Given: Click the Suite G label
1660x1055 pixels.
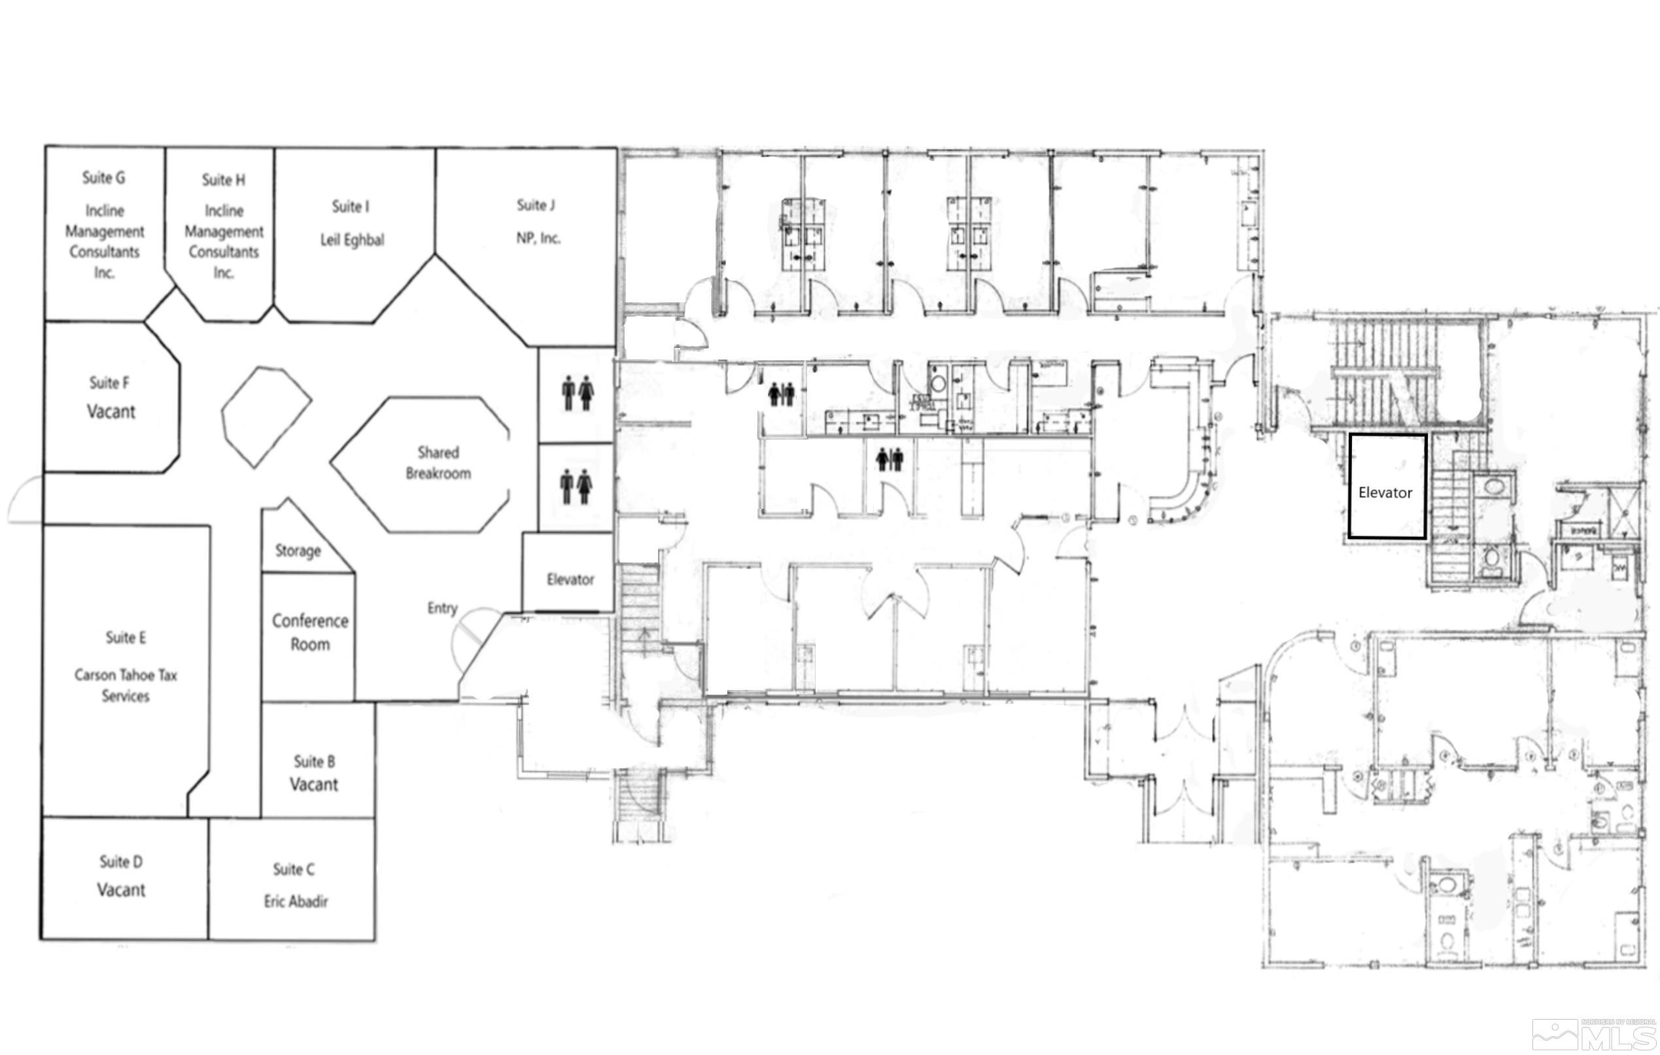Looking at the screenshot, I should [103, 178].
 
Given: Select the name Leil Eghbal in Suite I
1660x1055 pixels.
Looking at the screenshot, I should [352, 240].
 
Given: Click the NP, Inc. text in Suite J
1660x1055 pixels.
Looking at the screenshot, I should [538, 239].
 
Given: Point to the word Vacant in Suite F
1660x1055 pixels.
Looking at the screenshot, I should [111, 411].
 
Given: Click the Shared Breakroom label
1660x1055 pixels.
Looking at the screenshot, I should [438, 462].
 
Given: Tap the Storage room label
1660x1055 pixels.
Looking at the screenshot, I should [298, 550].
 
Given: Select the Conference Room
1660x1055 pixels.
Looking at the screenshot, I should [309, 632].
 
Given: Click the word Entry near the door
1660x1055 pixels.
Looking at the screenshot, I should [442, 608].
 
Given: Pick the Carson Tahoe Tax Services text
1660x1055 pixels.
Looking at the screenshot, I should [126, 685].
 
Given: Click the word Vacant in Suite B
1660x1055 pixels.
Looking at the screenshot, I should [314, 785].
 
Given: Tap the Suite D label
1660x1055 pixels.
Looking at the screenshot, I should [120, 861].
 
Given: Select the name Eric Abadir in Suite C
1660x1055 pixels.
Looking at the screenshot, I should [296, 901].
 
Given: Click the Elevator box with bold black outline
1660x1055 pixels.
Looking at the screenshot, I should [1386, 487].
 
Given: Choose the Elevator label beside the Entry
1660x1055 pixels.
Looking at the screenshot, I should [570, 579].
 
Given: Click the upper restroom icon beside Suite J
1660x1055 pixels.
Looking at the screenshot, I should [577, 393].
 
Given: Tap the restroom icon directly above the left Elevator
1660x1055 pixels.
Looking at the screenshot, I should [576, 487].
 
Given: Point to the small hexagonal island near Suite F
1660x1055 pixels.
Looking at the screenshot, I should [266, 417].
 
